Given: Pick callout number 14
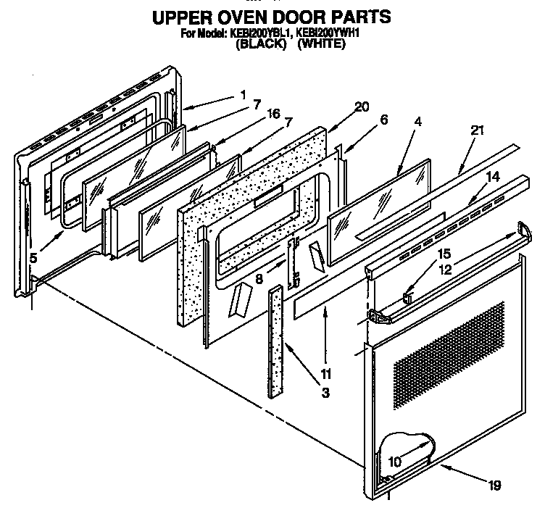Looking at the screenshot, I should (492, 176).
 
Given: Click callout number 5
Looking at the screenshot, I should (32, 256).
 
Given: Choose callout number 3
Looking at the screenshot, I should (325, 393).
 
